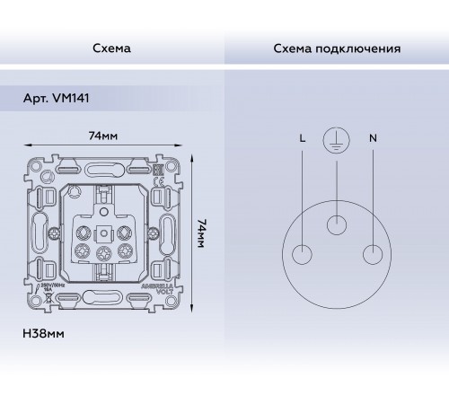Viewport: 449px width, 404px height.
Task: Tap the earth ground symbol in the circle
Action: [336, 140]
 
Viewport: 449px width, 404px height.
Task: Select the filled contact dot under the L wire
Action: [299, 253]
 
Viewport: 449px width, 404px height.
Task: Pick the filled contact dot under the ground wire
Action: [336, 224]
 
